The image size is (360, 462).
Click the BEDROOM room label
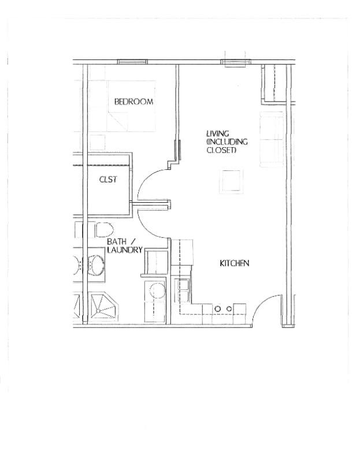(133, 102)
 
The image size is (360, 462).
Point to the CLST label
(108, 180)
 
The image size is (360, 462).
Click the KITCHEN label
(234, 263)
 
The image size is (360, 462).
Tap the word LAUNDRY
(124, 250)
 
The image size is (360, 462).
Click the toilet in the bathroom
(102, 228)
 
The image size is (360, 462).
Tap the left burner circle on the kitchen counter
(218, 309)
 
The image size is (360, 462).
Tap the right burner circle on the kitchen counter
(229, 309)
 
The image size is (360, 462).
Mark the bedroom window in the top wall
(132, 61)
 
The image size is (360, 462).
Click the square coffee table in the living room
(231, 181)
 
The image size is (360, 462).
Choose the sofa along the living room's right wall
(272, 139)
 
